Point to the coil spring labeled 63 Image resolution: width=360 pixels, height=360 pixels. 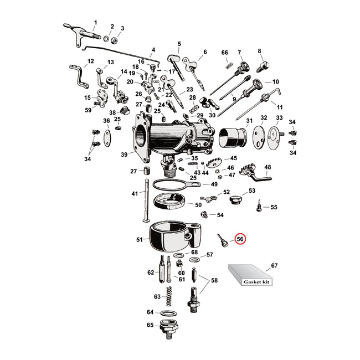tap(171, 298)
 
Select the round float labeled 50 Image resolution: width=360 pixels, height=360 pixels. tap(169, 203)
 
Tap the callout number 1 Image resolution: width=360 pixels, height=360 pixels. tap(95, 22)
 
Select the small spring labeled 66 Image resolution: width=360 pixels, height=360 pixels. tap(225, 65)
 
